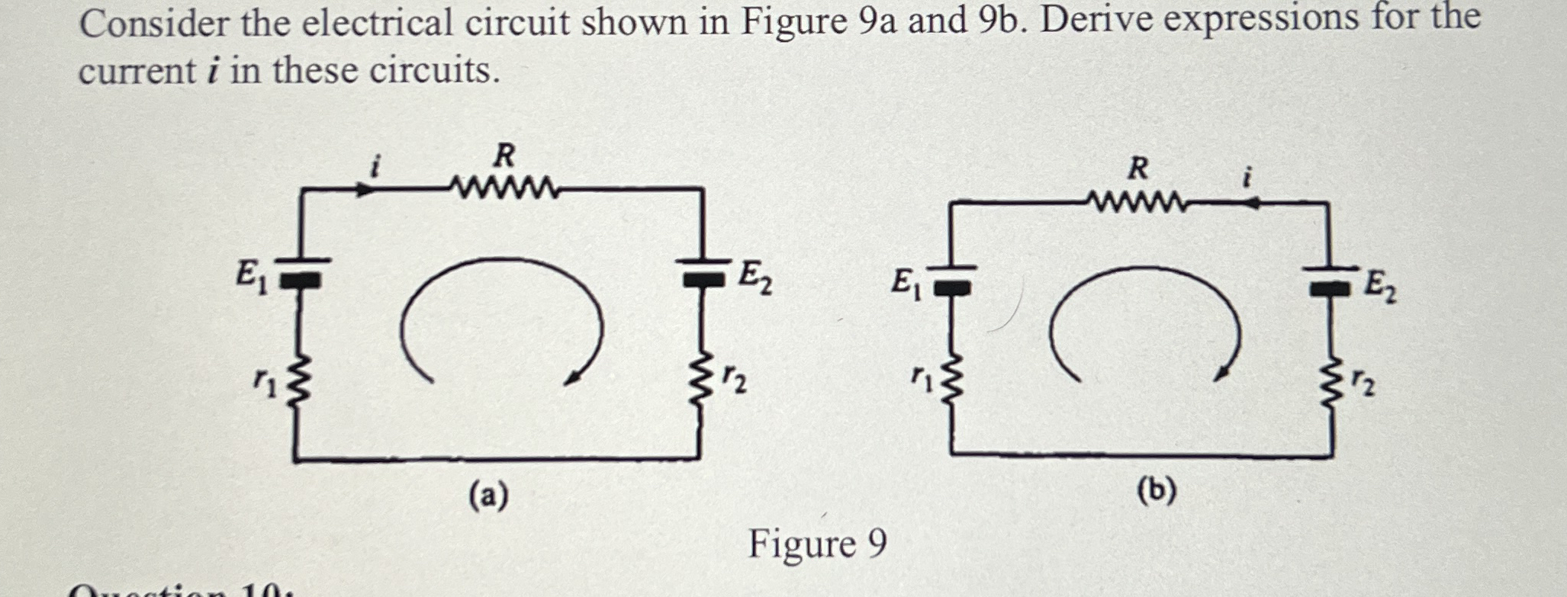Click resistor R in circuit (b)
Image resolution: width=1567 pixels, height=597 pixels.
(x=1137, y=203)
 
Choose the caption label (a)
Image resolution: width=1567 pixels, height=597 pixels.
(x=488, y=496)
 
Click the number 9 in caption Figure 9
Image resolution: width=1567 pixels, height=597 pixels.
(x=876, y=544)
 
